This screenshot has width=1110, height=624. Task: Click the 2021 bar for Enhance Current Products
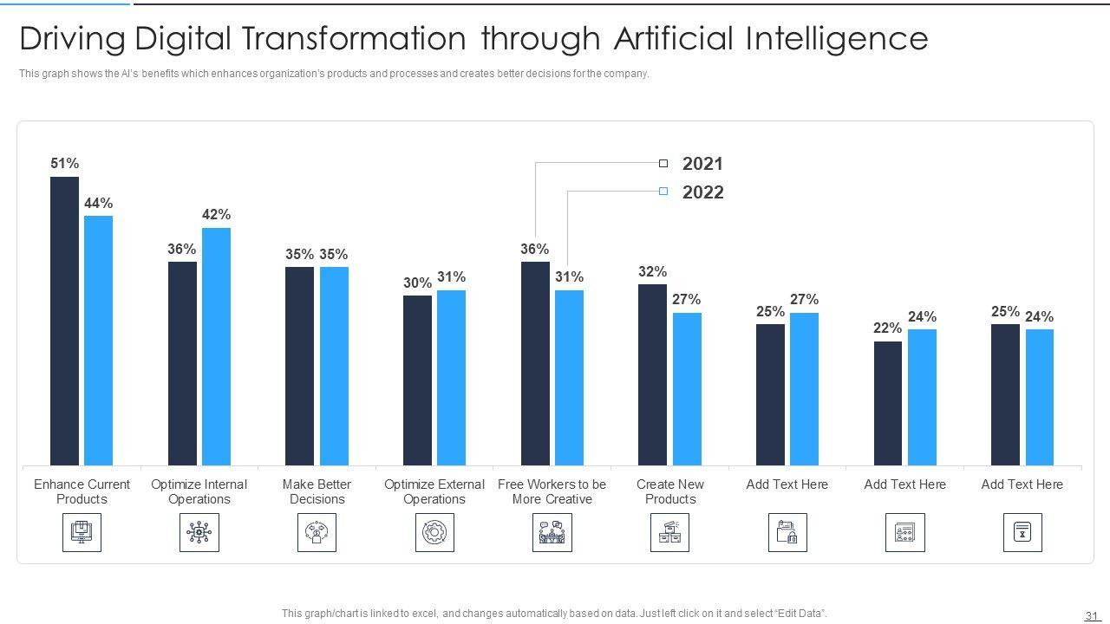[64, 321]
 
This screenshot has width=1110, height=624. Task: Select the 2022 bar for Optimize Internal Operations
[216, 347]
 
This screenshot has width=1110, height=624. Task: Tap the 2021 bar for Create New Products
[652, 374]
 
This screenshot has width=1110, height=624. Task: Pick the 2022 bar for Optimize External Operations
[451, 378]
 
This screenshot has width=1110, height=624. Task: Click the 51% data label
[65, 163]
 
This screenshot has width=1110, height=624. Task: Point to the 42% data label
[216, 214]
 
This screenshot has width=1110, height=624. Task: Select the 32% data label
[652, 271]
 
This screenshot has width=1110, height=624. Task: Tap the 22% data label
[887, 328]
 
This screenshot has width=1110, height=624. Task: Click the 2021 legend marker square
[663, 163]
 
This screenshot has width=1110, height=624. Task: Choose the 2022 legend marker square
[663, 192]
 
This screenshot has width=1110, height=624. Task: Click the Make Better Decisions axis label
[317, 491]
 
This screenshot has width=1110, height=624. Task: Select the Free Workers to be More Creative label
[552, 491]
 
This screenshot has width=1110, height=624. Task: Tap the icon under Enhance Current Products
[82, 532]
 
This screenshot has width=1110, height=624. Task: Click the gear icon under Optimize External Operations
[434, 532]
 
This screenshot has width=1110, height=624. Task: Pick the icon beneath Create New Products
[669, 532]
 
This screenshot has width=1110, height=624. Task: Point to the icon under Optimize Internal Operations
[199, 532]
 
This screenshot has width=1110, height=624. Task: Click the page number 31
[1091, 616]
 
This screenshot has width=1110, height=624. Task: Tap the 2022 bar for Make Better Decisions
[334, 366]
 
